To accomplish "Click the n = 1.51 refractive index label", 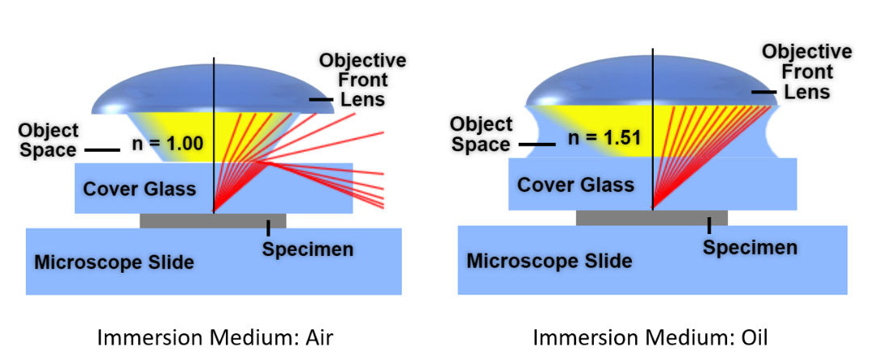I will (604, 137).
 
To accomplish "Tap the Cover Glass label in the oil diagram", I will (575, 184).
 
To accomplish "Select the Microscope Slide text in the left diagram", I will (114, 262).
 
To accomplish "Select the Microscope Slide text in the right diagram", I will (549, 261).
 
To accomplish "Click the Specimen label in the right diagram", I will (750, 247).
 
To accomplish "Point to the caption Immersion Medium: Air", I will (215, 337).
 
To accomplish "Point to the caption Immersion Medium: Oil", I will (650, 337).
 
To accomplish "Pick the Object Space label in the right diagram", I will (481, 134).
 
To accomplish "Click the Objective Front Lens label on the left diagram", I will (362, 80).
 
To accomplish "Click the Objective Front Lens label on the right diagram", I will (807, 72).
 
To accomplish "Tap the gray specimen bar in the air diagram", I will (212, 220).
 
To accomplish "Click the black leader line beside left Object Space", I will (102, 150).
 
